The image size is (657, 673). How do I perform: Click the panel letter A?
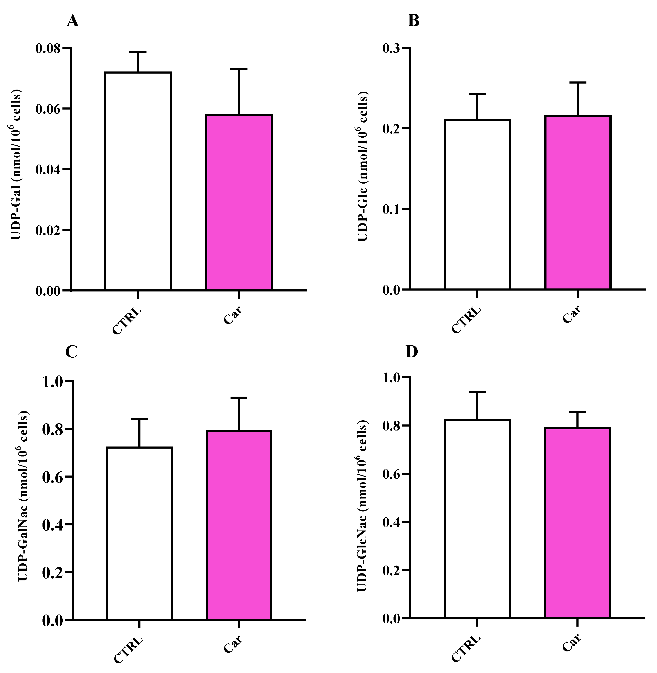pyautogui.click(x=72, y=21)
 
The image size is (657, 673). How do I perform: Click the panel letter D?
pyautogui.click(x=412, y=352)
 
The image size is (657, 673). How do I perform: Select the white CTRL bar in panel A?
pyautogui.click(x=138, y=181)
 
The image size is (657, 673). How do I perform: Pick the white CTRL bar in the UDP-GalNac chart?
pyautogui.click(x=139, y=533)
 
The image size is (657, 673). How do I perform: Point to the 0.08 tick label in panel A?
pyautogui.click(x=48, y=48)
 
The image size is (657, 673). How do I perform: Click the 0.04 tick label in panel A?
pyautogui.click(x=48, y=170)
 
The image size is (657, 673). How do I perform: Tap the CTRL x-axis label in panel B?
pyautogui.click(x=466, y=320)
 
